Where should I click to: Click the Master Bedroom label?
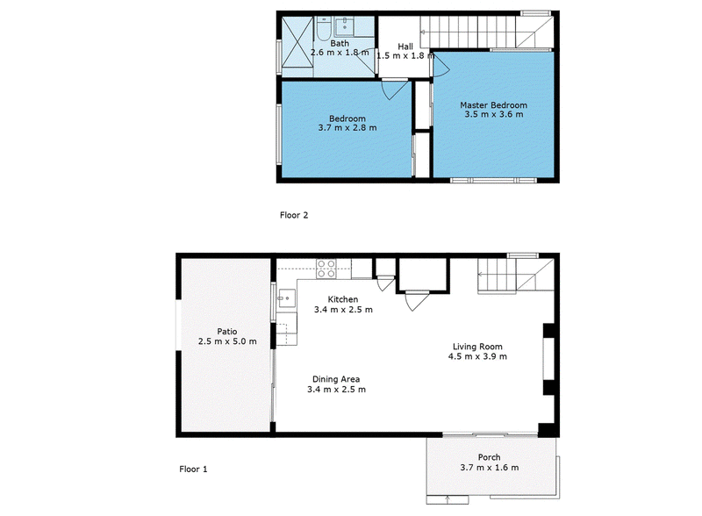pyautogui.click(x=493, y=105)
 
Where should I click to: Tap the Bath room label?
pyautogui.click(x=340, y=44)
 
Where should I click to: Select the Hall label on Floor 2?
pyautogui.click(x=405, y=47)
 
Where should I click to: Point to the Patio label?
pyautogui.click(x=227, y=332)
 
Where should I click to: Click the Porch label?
pyautogui.click(x=489, y=457)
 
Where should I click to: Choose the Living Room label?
pyautogui.click(x=477, y=347)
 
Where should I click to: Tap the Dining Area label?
pyautogui.click(x=336, y=379)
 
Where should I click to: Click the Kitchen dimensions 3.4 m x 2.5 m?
pyautogui.click(x=343, y=310)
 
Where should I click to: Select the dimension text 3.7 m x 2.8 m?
pyautogui.click(x=347, y=127)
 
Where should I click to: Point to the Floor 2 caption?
pyautogui.click(x=294, y=215)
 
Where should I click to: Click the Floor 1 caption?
pyautogui.click(x=193, y=469)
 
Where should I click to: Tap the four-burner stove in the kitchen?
pyautogui.click(x=326, y=269)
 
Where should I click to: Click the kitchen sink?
pyautogui.click(x=287, y=297)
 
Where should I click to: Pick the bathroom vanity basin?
pyautogui.click(x=344, y=27)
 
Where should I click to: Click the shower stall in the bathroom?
pyautogui.click(x=297, y=47)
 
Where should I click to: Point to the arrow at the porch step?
pyautogui.click(x=448, y=498)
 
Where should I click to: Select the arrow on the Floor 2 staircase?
pyautogui.click(x=424, y=32)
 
